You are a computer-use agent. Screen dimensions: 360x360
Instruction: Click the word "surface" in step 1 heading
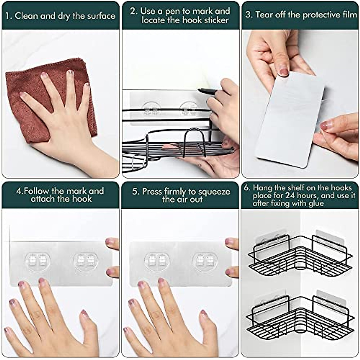pyautogui.click(x=101, y=16)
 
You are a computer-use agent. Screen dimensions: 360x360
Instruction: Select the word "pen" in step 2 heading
pyautogui.click(x=172, y=11)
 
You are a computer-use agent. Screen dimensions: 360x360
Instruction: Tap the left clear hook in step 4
pyautogui.click(x=38, y=260)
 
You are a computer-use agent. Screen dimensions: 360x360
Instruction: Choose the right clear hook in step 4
pyautogui.click(x=85, y=260)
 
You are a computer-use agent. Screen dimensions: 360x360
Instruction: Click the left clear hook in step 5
pyautogui.click(x=157, y=260)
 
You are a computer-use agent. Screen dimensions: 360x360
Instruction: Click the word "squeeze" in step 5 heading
pyautogui.click(x=215, y=192)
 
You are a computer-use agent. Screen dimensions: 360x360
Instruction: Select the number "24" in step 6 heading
pyautogui.click(x=290, y=195)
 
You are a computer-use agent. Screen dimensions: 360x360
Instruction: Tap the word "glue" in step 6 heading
pyautogui.click(x=316, y=203)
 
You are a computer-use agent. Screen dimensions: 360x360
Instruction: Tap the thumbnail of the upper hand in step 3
pyautogui.click(x=283, y=72)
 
